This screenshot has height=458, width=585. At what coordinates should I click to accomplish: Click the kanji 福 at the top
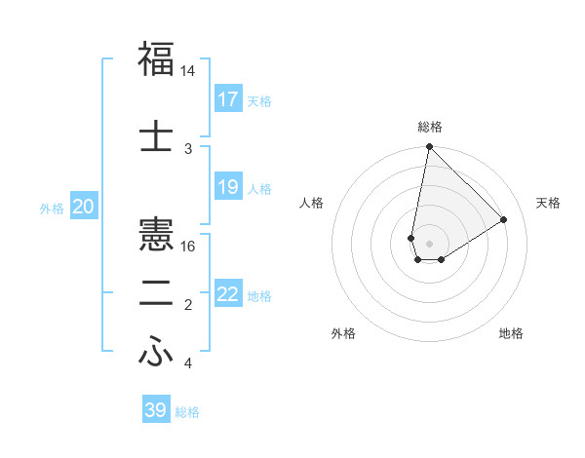pos(156,58)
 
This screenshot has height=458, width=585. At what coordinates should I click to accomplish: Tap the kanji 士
pos(156,134)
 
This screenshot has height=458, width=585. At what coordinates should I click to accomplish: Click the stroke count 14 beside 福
pos(188,72)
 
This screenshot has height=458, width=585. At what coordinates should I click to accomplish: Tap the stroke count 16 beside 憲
pos(188,247)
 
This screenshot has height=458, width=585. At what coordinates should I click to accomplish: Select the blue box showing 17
pos(228,99)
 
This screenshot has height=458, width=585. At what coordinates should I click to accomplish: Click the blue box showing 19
pos(228,187)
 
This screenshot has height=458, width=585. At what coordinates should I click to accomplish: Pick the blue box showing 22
pos(228,294)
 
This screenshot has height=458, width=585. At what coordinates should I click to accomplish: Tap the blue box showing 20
pos(84,207)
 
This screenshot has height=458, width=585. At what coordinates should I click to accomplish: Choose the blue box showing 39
pos(156,410)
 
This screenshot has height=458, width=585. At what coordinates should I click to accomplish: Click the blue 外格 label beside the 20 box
pos(52,208)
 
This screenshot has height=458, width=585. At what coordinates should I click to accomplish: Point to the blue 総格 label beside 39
pos(188,412)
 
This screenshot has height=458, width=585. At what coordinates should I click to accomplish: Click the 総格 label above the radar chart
pos(429,127)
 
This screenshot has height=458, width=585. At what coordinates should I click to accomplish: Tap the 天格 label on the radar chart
pos(549,203)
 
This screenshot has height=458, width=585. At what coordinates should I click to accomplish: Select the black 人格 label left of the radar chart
pos(312,203)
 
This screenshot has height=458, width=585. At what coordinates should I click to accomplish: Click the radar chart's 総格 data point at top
pos(429,147)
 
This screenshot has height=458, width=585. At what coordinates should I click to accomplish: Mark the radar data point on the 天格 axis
pos(504,219)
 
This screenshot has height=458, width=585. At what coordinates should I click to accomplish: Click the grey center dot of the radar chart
pos(429,242)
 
